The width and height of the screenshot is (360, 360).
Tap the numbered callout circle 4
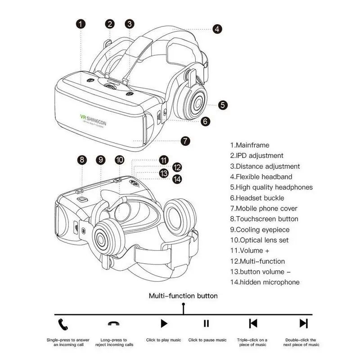(217, 29)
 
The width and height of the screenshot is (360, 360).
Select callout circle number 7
(185, 140)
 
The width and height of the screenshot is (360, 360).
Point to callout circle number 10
(119, 159)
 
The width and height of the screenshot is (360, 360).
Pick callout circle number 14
(178, 179)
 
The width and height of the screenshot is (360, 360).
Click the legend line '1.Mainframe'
(250, 145)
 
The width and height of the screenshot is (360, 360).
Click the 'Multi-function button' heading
(183, 296)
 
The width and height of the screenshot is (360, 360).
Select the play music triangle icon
(164, 323)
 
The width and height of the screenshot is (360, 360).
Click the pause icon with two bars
(207, 323)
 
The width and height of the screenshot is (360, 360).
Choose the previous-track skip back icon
(253, 323)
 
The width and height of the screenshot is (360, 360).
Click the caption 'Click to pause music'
(207, 340)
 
